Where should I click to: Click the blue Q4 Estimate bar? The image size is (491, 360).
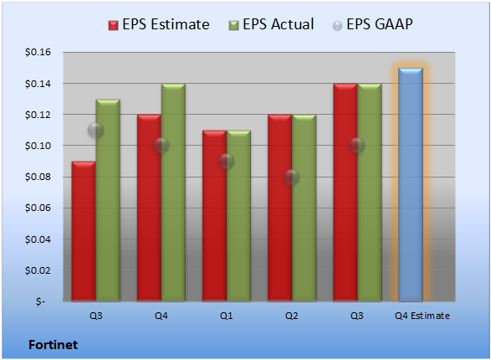411,184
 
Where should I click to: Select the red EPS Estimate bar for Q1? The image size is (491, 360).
214,215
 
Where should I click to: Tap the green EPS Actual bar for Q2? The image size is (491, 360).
304,208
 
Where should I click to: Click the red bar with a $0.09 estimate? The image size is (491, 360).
84,231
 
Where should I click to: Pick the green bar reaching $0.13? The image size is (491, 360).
108,200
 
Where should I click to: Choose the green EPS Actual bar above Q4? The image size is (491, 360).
173,193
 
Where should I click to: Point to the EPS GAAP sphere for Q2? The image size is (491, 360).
292,177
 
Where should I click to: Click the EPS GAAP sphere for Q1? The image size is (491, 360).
226,162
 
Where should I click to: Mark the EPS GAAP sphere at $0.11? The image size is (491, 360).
95,130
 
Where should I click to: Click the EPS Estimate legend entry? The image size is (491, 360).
159,24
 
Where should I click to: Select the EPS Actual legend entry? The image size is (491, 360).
271,24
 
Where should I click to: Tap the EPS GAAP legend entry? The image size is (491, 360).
372,24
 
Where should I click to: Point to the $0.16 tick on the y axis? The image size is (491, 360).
38,52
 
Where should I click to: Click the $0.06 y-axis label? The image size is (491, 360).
38,208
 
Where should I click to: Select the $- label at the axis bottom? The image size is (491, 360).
40,301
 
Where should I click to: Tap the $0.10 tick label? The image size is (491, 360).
38,146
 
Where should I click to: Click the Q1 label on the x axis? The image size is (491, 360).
226,316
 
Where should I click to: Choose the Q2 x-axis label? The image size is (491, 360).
292,316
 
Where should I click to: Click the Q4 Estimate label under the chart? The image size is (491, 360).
422,316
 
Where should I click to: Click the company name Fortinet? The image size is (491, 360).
53,345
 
